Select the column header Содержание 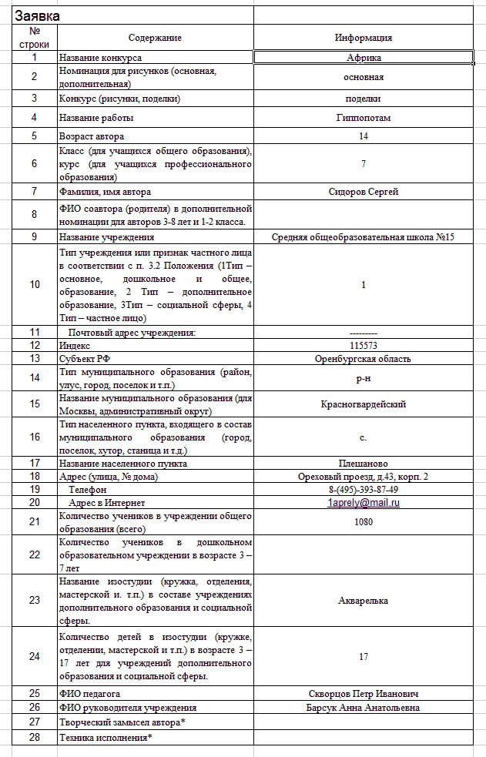click(156, 38)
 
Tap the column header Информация click(364, 38)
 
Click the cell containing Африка click(364, 57)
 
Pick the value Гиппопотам click(364, 118)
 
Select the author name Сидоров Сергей click(364, 192)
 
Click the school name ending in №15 click(364, 237)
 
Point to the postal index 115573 click(364, 346)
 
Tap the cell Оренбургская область click(364, 358)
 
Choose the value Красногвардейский click(364, 404)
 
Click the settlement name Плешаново click(364, 464)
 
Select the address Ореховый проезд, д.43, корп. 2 click(364, 477)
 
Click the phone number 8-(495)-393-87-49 click(364, 490)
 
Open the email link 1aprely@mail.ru click(364, 502)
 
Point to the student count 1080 click(364, 522)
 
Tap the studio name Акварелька click(364, 601)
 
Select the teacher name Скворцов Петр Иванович click(364, 694)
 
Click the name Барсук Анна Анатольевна click(364, 707)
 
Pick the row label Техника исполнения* click(106, 738)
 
